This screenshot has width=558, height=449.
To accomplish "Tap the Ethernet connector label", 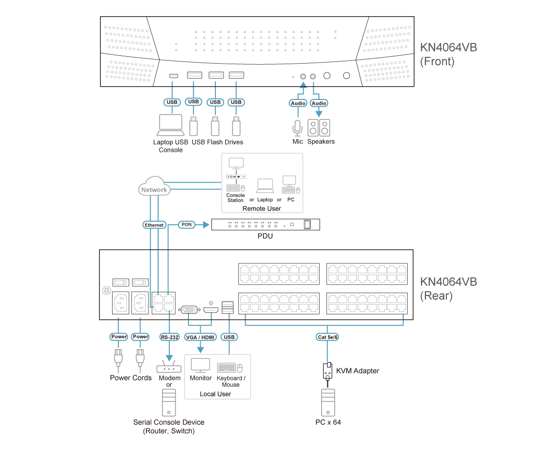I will point(154,225).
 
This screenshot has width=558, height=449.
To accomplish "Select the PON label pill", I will point(186,224).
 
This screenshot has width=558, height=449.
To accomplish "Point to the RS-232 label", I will point(169,337).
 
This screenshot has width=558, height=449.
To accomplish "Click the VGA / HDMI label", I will point(200,337).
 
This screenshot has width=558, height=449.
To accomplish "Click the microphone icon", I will point(297,128).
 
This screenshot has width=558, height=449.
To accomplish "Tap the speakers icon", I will point(319,128).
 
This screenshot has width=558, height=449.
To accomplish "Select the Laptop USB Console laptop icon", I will point(171,125).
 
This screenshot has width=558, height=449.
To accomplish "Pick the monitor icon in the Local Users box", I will point(200,365).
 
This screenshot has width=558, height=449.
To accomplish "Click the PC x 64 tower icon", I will point(328,403).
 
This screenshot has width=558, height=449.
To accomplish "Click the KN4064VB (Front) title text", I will point(448,54).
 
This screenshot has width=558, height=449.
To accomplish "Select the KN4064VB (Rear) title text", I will point(448,288).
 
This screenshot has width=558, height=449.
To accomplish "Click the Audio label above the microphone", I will point(298,103).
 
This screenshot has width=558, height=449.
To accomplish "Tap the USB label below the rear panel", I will point(229,337).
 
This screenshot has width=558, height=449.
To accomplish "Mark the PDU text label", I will point(265,236).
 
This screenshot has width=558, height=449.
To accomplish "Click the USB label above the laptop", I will point(172,102).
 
